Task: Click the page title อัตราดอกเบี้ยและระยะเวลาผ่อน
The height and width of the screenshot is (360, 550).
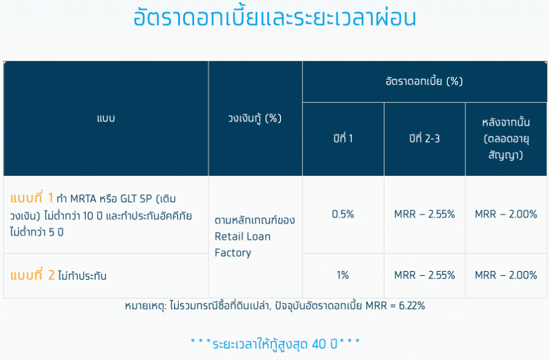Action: coord(274,18)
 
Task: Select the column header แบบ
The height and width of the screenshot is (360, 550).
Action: coord(106,119)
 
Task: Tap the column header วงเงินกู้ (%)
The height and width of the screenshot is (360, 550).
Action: coord(255,119)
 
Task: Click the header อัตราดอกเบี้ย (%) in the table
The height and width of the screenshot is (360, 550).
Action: coord(425,81)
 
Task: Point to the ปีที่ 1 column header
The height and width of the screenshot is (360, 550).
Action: coord(343,139)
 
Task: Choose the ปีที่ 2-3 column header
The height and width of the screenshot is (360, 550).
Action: coord(425,139)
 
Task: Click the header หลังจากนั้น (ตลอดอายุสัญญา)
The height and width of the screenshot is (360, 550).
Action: coord(506,139)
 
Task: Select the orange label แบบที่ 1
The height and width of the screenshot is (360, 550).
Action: coord(32,198)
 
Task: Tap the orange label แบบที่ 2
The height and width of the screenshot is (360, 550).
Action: coord(32,275)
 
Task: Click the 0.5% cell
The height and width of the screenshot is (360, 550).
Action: coord(343,214)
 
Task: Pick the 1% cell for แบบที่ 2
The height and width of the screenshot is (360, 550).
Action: coord(343,275)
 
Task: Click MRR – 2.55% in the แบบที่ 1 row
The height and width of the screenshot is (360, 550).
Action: coord(425,214)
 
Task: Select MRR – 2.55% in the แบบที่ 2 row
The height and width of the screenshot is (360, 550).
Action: coord(425,275)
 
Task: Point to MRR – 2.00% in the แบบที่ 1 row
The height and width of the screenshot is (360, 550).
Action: coord(506,214)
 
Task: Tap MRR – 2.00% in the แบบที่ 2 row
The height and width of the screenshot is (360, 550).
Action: coord(506,275)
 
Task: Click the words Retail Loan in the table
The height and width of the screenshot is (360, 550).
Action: coord(242,237)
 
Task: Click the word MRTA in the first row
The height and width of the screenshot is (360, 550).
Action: coord(83,199)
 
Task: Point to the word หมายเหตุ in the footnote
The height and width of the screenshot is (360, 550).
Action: coord(145,306)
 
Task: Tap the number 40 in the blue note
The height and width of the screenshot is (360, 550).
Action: coord(319,344)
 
